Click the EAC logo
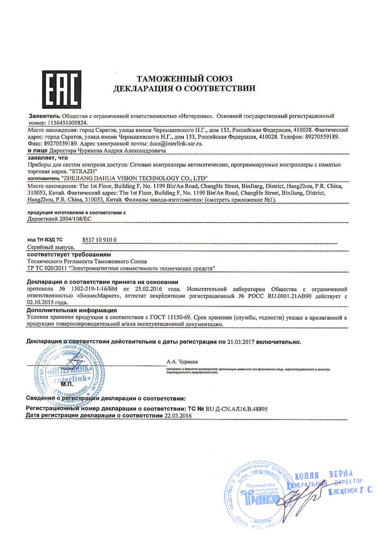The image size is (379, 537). tap(62, 89)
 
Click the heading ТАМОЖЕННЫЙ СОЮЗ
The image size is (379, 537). tap(184, 78)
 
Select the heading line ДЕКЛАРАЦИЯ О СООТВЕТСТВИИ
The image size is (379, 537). tap(184, 88)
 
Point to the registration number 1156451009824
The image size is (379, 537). tap(67, 124)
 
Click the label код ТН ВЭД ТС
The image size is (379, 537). tap(45, 240)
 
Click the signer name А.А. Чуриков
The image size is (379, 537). tap(181, 362)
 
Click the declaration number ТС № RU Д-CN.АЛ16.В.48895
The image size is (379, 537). tap(220, 408)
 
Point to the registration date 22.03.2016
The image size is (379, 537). tap(178, 415)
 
